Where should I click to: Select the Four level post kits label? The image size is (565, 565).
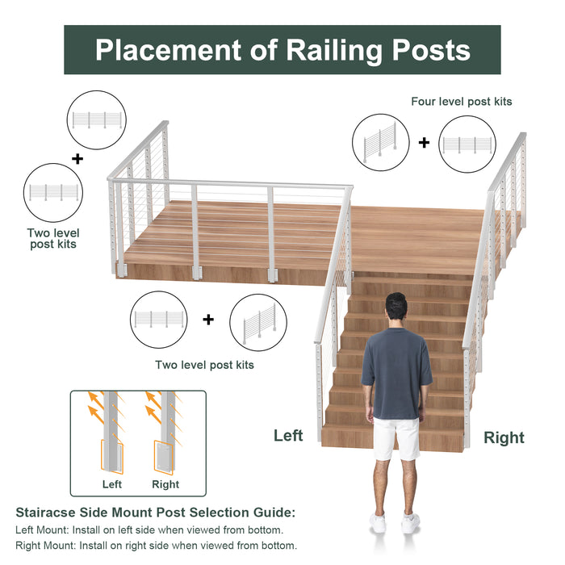click(x=461, y=102)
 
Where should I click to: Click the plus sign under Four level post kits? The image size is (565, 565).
click(x=424, y=143)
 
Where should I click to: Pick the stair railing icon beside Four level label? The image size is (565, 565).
click(x=380, y=143)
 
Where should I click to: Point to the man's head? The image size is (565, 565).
click(x=395, y=309)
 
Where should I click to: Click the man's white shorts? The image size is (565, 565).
click(x=396, y=438)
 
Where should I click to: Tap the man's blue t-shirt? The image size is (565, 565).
click(x=396, y=371)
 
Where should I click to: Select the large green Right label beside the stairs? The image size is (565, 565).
click(x=504, y=438)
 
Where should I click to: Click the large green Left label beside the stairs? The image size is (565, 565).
click(x=288, y=436)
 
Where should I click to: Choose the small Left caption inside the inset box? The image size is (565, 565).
click(x=112, y=484)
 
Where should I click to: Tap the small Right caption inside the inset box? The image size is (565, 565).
click(x=165, y=484)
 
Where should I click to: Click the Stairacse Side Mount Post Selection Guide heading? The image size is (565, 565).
click(x=156, y=513)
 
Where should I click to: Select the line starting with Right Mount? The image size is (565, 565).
click(x=156, y=546)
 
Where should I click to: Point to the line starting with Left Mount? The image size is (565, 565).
click(x=149, y=529)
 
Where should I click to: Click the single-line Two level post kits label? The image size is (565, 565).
click(x=204, y=365)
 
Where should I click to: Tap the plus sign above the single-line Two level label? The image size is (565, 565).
click(x=208, y=320)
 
